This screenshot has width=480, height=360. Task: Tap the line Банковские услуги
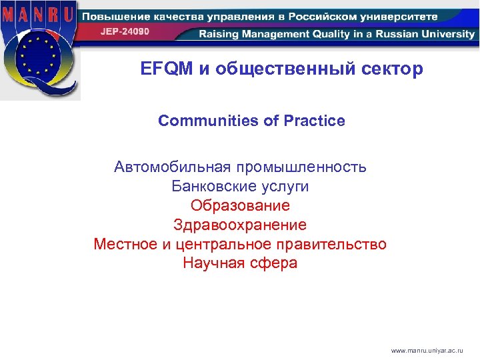[x=240, y=186]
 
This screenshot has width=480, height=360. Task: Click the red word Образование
[x=240, y=205]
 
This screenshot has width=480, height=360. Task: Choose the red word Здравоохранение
[x=240, y=225]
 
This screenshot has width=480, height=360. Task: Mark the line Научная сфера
[x=240, y=263]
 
